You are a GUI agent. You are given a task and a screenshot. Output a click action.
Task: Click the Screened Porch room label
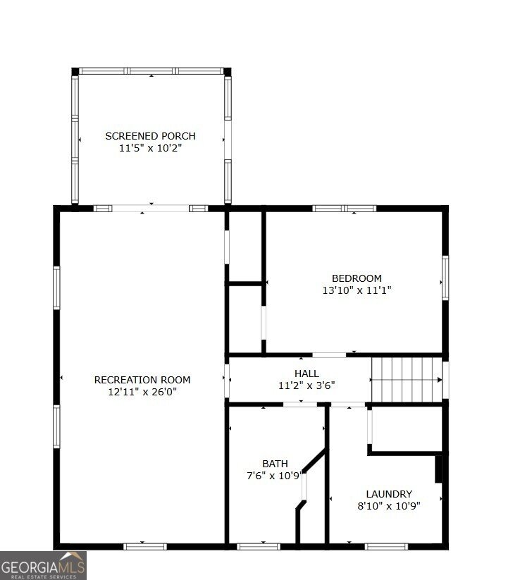tap(150, 136)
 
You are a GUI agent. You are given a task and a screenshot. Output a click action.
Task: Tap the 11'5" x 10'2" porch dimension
tap(150, 148)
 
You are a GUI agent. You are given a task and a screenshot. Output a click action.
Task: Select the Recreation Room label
tap(142, 380)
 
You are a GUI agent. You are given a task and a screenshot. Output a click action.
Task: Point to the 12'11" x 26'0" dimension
tap(142, 392)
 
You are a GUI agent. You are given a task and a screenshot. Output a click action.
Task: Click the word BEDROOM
tap(357, 278)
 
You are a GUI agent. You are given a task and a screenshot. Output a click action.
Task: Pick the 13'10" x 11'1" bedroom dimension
tap(357, 290)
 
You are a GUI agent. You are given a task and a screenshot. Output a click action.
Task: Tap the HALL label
tap(307, 374)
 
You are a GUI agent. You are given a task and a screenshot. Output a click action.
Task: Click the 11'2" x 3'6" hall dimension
tap(307, 385)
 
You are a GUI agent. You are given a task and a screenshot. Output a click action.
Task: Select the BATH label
tap(275, 464)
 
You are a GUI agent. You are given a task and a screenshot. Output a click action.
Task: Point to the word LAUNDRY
tap(389, 494)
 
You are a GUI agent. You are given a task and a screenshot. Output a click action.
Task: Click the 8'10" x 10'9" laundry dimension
tap(389, 506)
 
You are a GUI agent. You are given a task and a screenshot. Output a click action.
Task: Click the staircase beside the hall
tap(407, 380)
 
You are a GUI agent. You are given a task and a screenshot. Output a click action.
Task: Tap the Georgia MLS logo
tap(43, 565)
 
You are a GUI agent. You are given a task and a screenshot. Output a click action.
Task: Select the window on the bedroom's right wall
tap(445, 278)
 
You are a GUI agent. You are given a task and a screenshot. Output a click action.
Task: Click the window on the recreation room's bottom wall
tap(145, 546)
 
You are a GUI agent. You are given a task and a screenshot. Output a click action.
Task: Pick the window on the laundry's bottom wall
tap(386, 546)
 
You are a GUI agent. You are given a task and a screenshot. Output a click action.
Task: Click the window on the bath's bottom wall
tap(259, 546)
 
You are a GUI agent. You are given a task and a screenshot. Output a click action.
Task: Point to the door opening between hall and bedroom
tap(329, 355)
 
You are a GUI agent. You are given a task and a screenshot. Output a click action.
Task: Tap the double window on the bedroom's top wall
tap(345, 209)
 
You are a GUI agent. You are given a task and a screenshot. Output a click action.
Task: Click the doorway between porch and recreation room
tap(151, 209)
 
